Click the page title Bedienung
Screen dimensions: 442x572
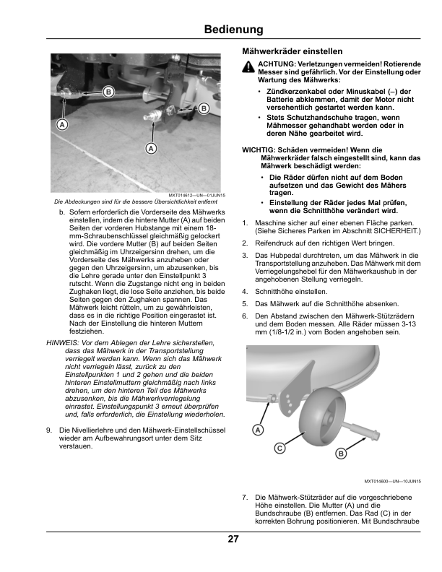pos(233,29)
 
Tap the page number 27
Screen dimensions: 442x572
pos(233,539)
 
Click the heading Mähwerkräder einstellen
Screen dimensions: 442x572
pos(292,51)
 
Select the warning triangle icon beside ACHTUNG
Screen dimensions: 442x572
pos(248,66)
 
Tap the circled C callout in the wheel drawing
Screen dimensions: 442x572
pos(279,448)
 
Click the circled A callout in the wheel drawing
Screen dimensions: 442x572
pos(259,430)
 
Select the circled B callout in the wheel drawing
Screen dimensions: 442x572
pos(341,454)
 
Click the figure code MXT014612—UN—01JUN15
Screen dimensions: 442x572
pos(197,196)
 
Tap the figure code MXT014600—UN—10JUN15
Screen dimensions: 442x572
pos(392,482)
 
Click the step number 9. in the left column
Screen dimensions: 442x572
pos(49,430)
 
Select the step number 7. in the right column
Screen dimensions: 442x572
pos(245,498)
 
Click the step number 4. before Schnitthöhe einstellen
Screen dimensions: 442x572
pos(245,292)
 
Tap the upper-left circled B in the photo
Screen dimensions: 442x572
pos(108,92)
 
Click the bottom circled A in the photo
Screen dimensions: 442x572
pos(151,148)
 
